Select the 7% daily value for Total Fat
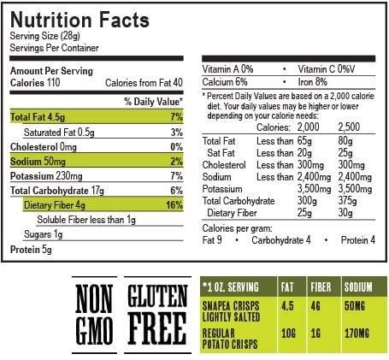point(177,116)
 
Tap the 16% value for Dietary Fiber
point(174,205)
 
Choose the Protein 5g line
point(31,250)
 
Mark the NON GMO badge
point(96,314)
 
